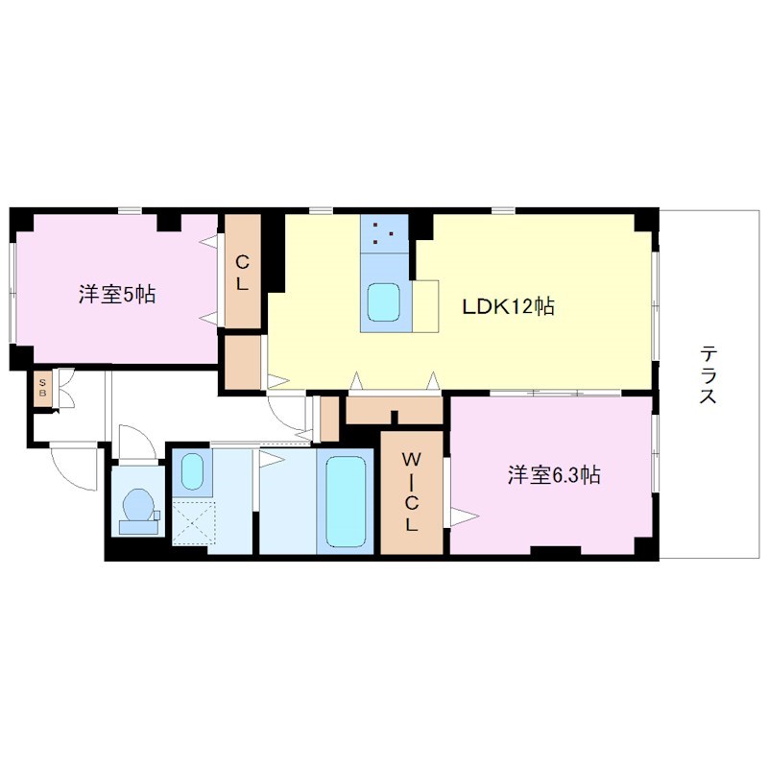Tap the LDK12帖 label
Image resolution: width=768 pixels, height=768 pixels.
coord(508,307)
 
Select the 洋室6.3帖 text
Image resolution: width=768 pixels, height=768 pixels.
coord(554,474)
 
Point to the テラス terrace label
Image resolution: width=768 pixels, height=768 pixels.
coord(708,374)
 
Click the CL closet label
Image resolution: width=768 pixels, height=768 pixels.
coord(244,272)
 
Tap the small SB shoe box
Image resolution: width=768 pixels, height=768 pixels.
coord(42,390)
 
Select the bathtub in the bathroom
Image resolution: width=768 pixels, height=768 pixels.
coord(346,501)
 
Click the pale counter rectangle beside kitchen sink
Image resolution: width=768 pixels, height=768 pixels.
coord(425,305)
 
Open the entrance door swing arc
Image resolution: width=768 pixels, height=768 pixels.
coord(74,468)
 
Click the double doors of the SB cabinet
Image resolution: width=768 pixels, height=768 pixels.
coord(65,390)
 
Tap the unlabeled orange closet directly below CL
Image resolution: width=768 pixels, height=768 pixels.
coord(243,361)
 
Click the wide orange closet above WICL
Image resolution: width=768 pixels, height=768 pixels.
coord(394,410)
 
